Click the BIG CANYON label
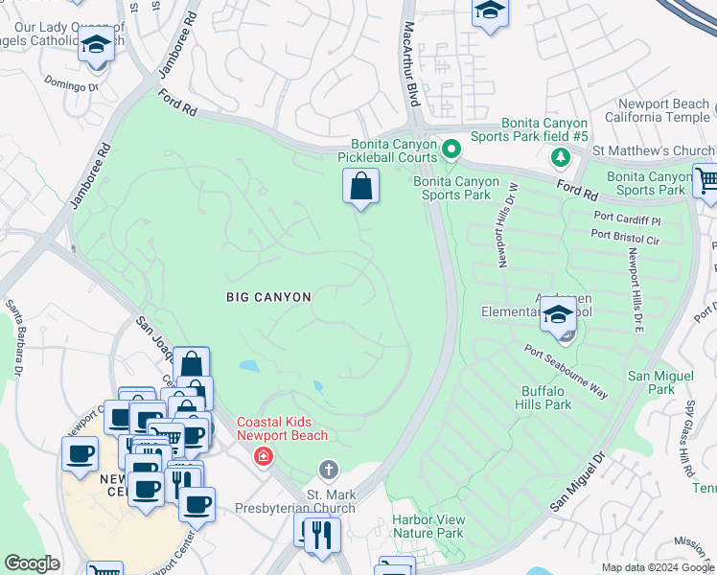point(268,297)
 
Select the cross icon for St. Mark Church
point(328,470)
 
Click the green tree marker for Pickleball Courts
point(451,149)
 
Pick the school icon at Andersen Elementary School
point(557,313)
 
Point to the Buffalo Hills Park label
point(545,398)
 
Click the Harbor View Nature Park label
point(428,526)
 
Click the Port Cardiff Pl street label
point(627,220)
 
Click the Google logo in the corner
point(33,563)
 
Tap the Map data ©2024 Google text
point(658,567)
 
